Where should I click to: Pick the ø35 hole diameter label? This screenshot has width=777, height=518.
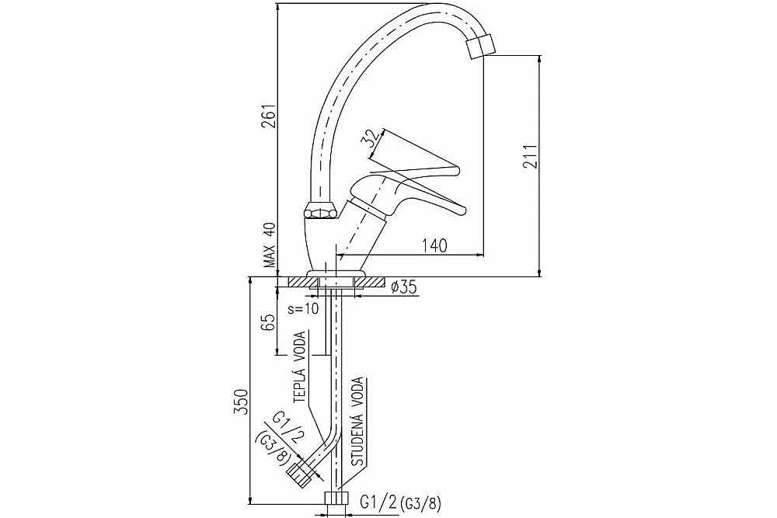[x=402, y=287]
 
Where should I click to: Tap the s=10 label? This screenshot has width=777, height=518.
[x=303, y=309]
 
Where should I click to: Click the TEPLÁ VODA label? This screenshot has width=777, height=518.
[x=300, y=368]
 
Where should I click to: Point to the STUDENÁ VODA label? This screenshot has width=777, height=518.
[x=358, y=422]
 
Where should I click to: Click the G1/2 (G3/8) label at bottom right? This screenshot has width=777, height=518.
[x=400, y=504]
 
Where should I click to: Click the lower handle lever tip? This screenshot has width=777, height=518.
[x=463, y=210]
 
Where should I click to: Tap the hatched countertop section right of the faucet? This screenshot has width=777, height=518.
[x=371, y=282]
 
